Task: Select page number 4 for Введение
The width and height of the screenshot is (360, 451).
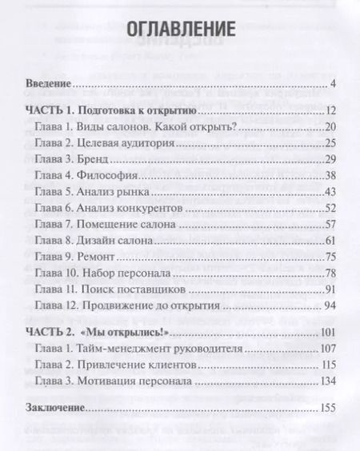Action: click(332, 84)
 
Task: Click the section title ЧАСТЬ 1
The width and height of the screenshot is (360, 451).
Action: click(47, 110)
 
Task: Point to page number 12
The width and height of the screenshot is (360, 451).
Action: click(329, 110)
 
